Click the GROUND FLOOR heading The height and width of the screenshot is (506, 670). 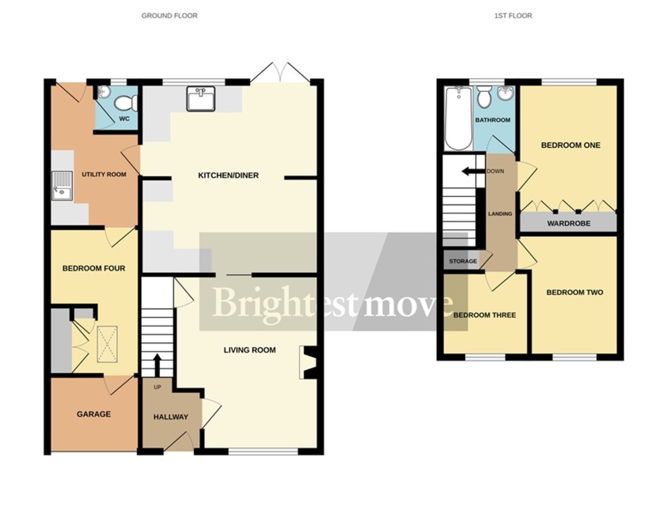click(x=169, y=16)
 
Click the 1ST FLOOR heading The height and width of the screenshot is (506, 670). click(x=513, y=16)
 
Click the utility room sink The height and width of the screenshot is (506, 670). click(x=61, y=185)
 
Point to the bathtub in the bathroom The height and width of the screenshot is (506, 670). click(x=458, y=118)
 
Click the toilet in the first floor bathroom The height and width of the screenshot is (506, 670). click(x=484, y=97)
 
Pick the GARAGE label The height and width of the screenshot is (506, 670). click(x=94, y=415)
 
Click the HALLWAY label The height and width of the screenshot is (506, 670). click(x=170, y=417)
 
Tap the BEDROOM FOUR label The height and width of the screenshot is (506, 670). click(x=93, y=268)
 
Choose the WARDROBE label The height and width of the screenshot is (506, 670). click(x=568, y=223)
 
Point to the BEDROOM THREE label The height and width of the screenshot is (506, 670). click(x=484, y=315)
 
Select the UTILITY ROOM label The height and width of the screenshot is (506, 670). click(x=104, y=175)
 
